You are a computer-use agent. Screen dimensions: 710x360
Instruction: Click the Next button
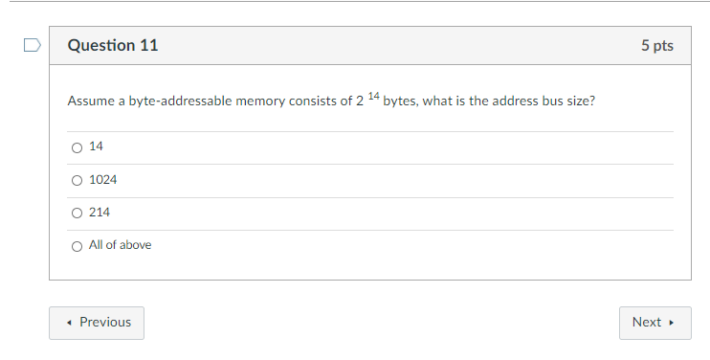click(x=655, y=323)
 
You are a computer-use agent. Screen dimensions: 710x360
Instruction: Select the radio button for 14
click(x=77, y=147)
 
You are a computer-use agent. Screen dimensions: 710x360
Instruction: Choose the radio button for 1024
click(x=77, y=180)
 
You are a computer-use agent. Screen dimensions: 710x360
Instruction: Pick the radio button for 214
click(x=77, y=213)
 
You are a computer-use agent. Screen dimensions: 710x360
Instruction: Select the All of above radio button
click(x=77, y=245)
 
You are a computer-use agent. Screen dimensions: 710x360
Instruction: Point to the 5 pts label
click(x=657, y=46)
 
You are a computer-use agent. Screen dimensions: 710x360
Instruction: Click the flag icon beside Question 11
click(x=32, y=44)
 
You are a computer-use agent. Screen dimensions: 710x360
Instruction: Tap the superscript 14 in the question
click(x=373, y=97)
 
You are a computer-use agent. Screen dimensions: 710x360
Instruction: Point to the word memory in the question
click(x=260, y=101)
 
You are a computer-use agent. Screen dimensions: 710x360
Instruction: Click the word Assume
click(x=90, y=101)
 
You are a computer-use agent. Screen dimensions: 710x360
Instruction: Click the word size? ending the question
click(x=581, y=101)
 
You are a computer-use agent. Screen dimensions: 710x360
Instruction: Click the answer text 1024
click(x=102, y=180)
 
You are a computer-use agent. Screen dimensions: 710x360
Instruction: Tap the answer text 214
click(x=100, y=213)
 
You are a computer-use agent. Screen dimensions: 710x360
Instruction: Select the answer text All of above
click(x=120, y=245)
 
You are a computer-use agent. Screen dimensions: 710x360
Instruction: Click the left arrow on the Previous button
click(x=71, y=323)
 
